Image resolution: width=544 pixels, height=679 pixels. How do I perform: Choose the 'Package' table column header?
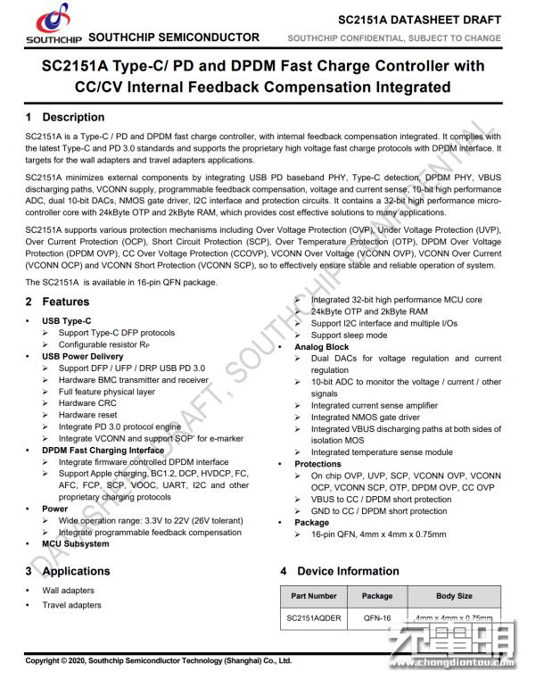pyautogui.click(x=376, y=596)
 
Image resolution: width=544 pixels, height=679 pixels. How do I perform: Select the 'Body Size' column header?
pyautogui.click(x=454, y=596)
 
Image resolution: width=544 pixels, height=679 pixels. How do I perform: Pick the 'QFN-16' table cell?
pyautogui.click(x=376, y=618)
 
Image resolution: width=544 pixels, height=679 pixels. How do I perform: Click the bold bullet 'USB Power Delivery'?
pyautogui.click(x=83, y=357)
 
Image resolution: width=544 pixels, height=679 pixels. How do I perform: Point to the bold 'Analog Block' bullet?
pyautogui.click(x=322, y=347)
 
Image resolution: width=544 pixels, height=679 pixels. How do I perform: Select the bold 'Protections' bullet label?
pyautogui.click(x=318, y=464)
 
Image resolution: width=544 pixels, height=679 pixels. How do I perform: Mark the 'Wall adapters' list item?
pyautogui.click(x=68, y=591)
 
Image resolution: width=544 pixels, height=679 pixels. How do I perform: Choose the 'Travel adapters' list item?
pyautogui.click(x=71, y=605)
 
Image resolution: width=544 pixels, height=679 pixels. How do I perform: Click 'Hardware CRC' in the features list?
pyautogui.click(x=87, y=403)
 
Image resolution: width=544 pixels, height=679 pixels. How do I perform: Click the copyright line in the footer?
pyautogui.click(x=158, y=660)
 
